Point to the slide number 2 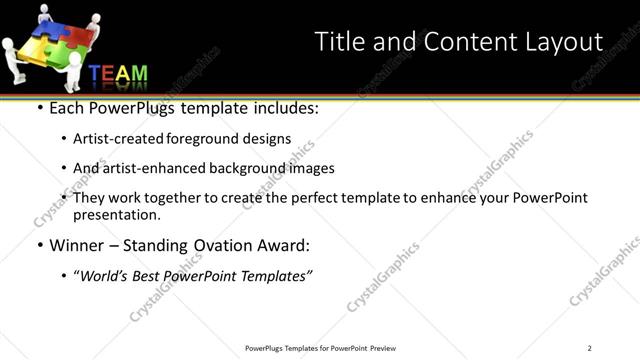pyautogui.click(x=589, y=347)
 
